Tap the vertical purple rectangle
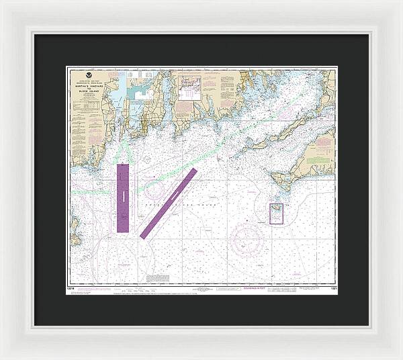pos(123,198)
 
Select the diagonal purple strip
pos(169,203)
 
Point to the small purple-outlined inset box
pos(276,214)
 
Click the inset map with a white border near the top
pos(189,88)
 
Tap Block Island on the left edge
pos(74,238)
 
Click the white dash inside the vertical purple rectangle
pos(123,197)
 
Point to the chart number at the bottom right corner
pos(332,290)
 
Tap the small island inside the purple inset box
pos(276,214)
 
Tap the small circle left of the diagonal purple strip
pos(154,189)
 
